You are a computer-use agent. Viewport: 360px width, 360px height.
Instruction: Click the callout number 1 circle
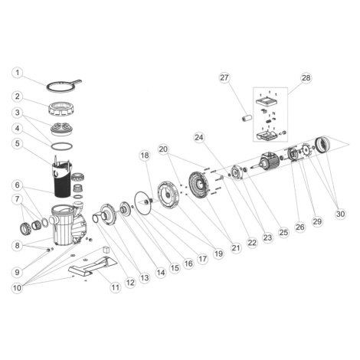tap(18, 73)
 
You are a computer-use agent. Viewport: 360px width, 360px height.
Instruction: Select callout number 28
tap(306, 77)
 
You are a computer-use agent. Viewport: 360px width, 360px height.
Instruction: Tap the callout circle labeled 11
tap(115, 287)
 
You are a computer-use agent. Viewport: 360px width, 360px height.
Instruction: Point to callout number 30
tap(340, 214)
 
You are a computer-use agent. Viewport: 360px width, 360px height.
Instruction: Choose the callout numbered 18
tap(145, 155)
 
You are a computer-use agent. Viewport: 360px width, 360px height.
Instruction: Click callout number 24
tap(199, 138)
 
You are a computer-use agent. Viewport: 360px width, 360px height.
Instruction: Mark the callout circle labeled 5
tap(18, 143)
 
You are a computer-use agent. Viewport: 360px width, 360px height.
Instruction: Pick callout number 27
tap(224, 77)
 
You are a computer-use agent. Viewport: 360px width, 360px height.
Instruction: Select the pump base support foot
tap(93, 266)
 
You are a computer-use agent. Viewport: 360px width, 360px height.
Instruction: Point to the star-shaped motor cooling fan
tap(306, 151)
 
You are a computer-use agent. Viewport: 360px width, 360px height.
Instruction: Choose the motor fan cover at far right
tap(322, 146)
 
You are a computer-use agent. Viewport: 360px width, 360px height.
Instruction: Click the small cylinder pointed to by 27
tap(247, 118)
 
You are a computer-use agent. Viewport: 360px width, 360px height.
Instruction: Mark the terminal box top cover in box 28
tap(267, 102)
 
